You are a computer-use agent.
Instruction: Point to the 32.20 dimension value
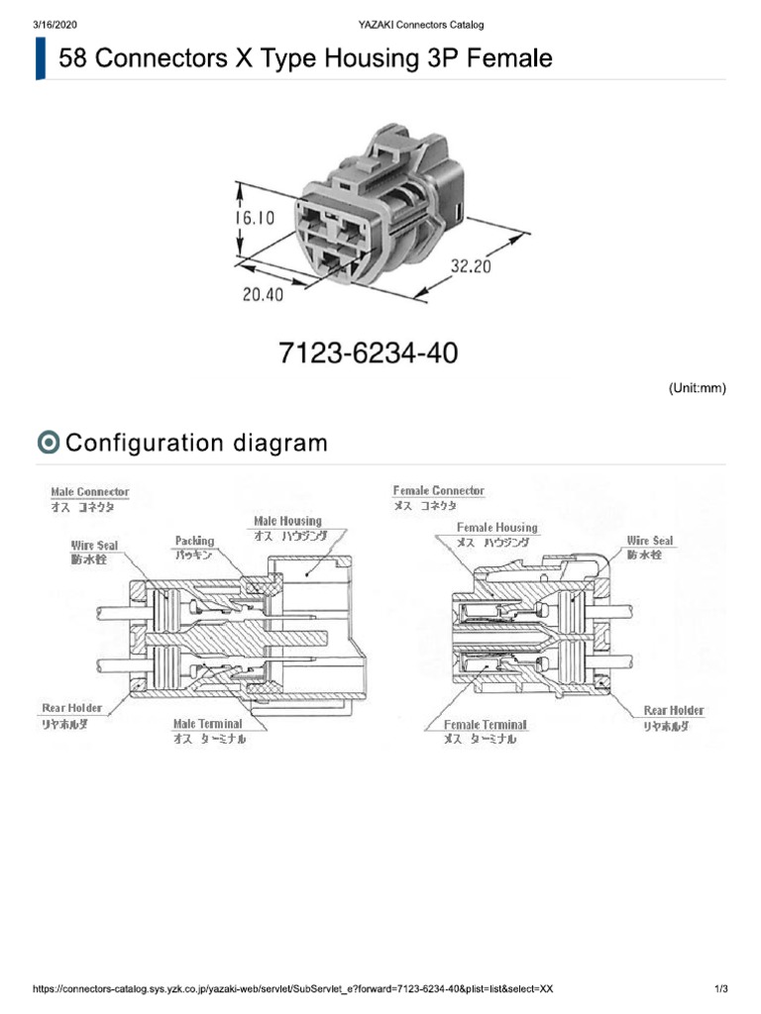[x=471, y=265]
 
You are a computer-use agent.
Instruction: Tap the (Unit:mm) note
[x=698, y=388]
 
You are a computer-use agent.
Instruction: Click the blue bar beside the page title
[x=41, y=58]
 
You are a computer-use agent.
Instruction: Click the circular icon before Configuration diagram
[x=48, y=443]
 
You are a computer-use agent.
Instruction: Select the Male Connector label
[x=89, y=491]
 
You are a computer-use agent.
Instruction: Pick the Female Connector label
[x=438, y=490]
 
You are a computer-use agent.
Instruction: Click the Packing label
[x=194, y=541]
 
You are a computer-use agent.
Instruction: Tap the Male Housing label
[x=287, y=521]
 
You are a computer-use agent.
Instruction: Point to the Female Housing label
[x=496, y=528]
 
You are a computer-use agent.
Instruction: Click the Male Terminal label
[x=207, y=724]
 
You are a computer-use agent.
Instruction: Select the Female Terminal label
[x=486, y=725]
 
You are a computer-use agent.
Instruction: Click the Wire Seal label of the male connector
[x=94, y=546]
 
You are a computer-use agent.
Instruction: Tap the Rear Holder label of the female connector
[x=674, y=710]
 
